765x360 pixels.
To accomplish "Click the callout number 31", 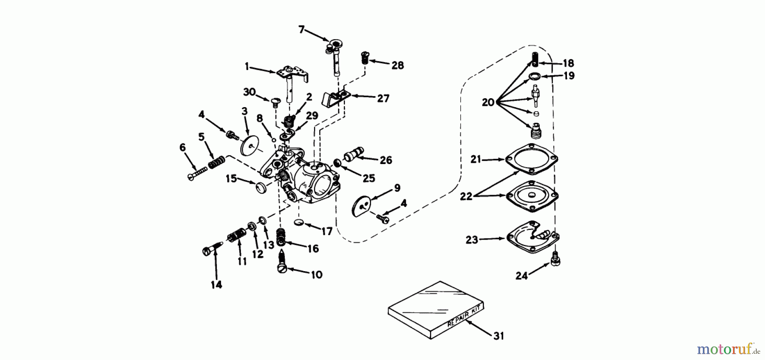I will tap(499, 336).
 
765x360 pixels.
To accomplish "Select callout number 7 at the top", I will tap(301, 29).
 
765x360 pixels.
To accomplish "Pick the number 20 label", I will tap(488, 102).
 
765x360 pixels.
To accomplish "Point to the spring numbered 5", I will tap(216, 162).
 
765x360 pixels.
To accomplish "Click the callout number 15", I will tap(231, 179).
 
